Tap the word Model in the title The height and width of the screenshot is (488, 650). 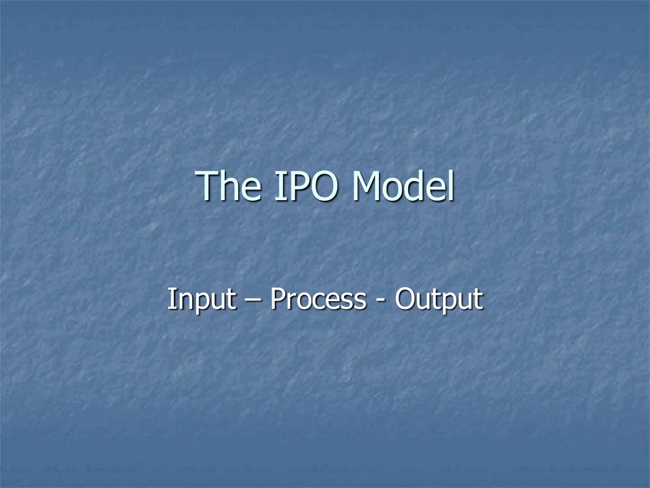point(404,186)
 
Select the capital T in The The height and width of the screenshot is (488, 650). point(211,186)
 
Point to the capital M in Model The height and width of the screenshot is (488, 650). point(369,186)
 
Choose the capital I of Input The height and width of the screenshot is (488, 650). point(171,299)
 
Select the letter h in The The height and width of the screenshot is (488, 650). point(233,186)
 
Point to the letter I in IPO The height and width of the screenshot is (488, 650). point(281,186)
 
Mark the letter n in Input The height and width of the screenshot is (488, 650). point(182,301)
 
